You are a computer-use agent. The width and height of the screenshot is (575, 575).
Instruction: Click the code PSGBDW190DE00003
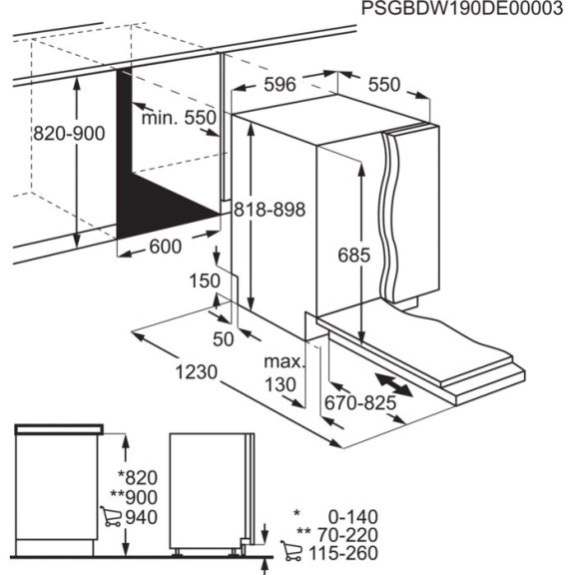(x=455, y=11)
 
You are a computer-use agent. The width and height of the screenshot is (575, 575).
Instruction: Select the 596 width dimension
(x=281, y=86)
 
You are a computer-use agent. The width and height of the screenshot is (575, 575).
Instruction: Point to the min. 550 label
(x=178, y=118)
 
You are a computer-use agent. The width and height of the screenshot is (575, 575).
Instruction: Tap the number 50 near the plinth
(x=223, y=338)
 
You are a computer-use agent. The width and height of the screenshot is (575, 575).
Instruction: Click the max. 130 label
(x=285, y=372)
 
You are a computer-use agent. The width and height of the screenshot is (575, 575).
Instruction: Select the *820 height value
(x=138, y=477)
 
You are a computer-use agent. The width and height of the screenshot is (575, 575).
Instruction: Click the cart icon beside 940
(x=111, y=517)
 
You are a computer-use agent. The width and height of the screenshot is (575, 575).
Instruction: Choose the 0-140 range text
(x=352, y=516)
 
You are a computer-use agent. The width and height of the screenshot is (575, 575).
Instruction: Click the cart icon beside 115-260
(x=291, y=552)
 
